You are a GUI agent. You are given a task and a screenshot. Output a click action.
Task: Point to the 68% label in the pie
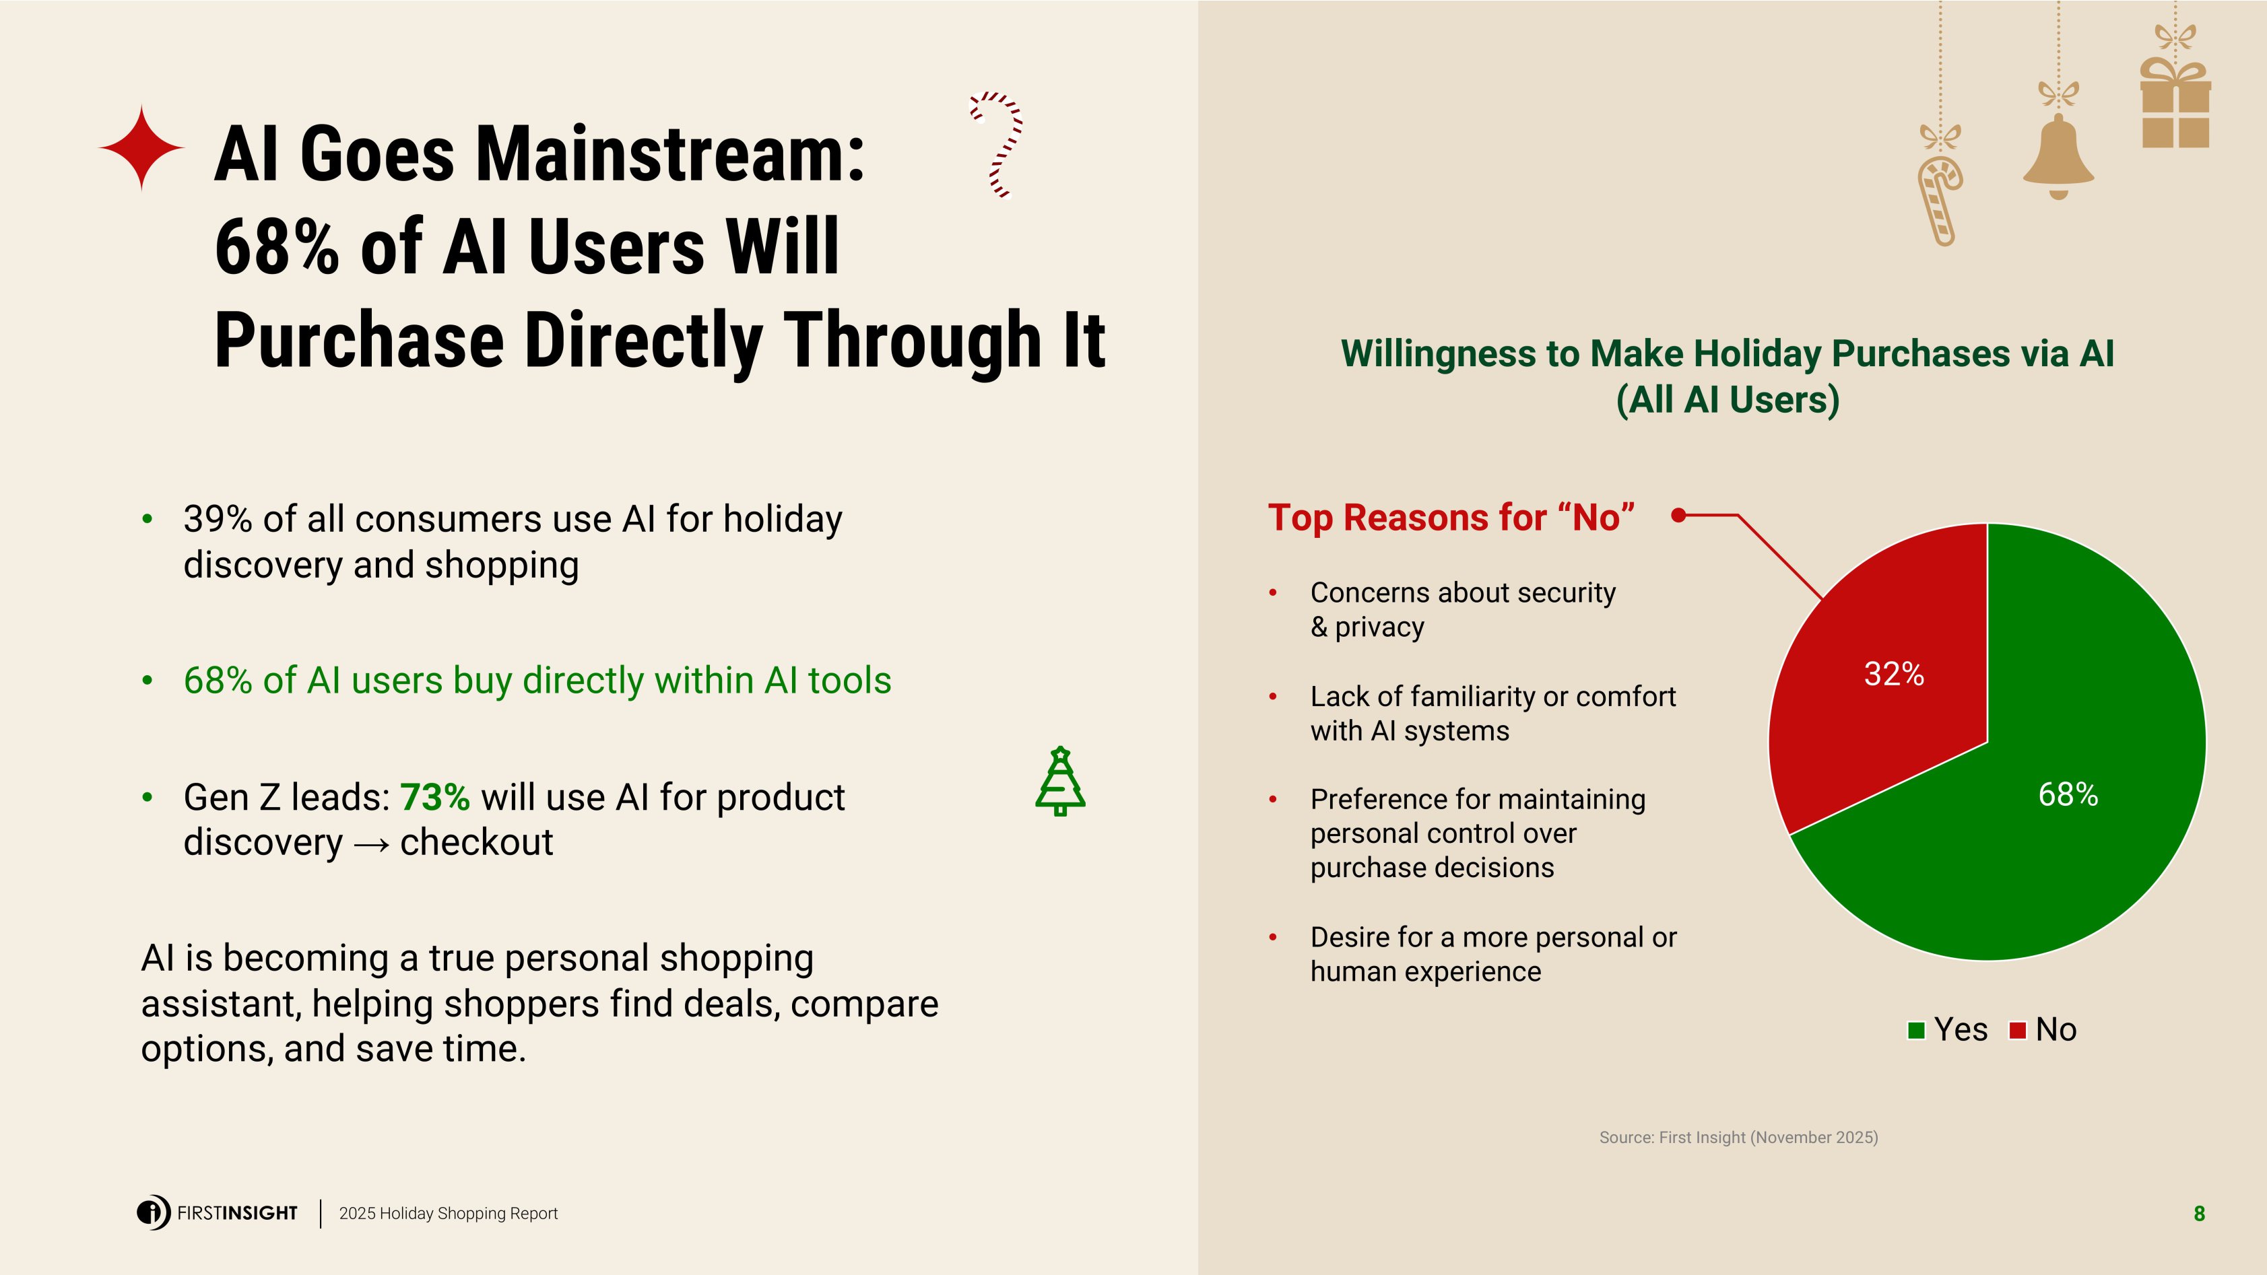(x=2068, y=794)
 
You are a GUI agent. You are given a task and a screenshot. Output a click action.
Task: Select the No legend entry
(x=2043, y=1029)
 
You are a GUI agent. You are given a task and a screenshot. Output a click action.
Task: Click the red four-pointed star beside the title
(x=141, y=148)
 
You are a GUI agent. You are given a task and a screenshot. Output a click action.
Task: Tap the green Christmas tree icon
(x=1061, y=782)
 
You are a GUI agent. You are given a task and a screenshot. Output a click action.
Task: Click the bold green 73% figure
(x=434, y=797)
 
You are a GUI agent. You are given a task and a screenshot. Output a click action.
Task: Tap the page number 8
(x=2199, y=1214)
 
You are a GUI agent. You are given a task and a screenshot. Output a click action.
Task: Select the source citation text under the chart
(x=1738, y=1137)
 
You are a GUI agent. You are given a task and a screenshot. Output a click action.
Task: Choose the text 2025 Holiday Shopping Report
(x=448, y=1214)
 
